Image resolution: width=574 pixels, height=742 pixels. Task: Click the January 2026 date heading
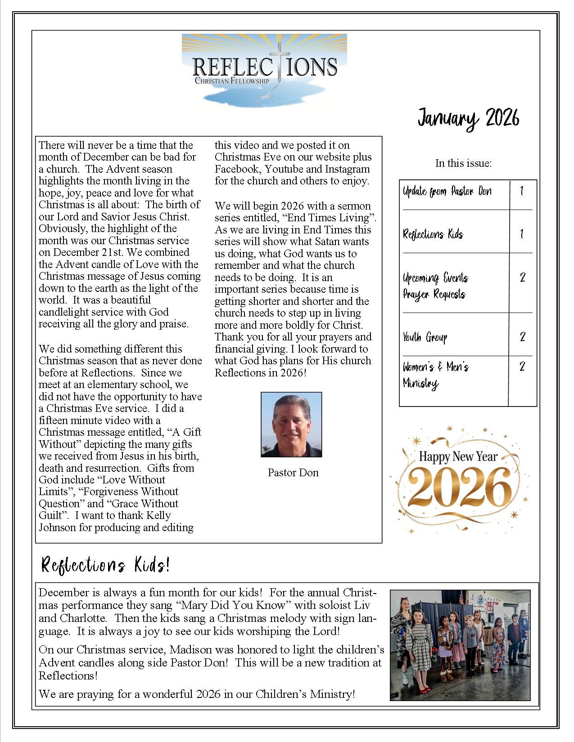point(468,118)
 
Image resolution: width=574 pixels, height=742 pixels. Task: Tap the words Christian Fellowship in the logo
point(231,81)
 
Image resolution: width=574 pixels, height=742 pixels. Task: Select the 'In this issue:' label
point(463,163)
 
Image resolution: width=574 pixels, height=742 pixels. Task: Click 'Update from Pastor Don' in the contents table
point(447,192)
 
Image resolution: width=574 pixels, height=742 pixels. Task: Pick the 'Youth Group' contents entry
point(425,337)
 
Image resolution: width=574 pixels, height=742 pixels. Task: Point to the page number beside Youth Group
point(522,336)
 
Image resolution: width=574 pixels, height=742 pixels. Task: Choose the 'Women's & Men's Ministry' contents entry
point(435,375)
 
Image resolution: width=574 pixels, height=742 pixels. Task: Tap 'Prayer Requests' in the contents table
point(434,295)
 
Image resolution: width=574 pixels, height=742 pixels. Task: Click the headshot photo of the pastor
point(291,425)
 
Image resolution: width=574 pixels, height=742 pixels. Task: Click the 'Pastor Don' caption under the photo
point(293,473)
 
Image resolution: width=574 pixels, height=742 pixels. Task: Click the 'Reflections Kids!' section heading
point(105,565)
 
